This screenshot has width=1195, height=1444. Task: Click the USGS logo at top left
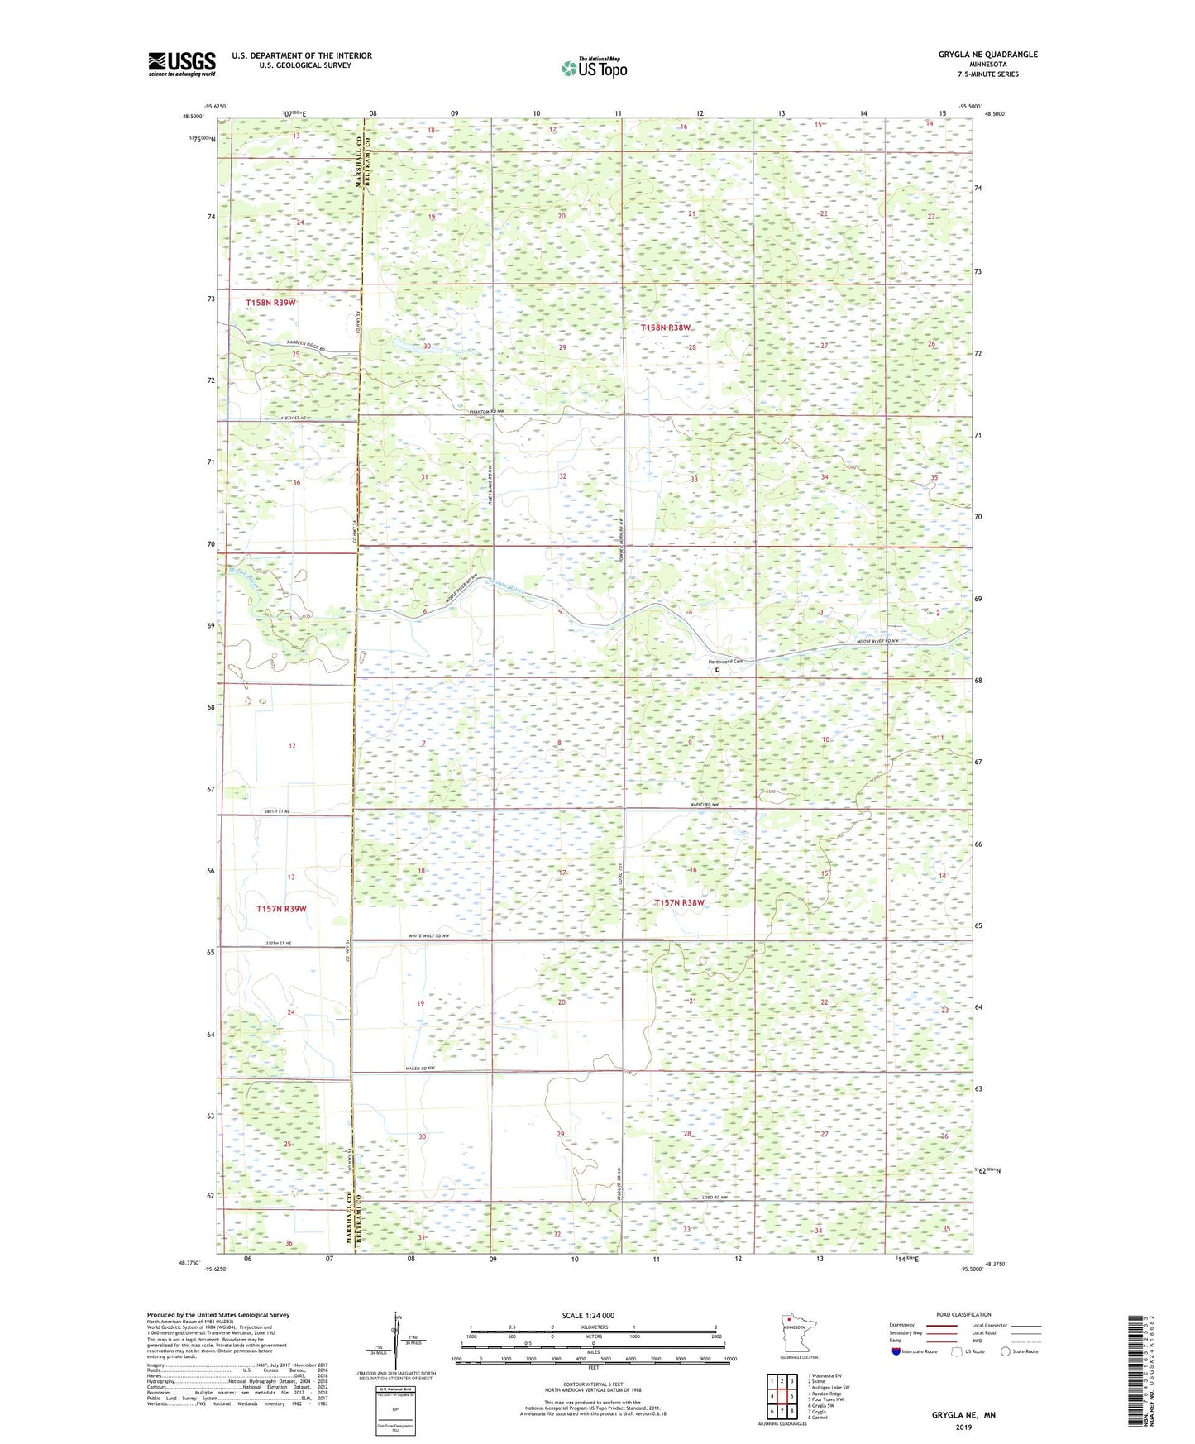point(182,64)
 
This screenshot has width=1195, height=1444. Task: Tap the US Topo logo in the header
point(594,68)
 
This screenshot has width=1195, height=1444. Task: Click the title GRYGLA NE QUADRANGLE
point(987,55)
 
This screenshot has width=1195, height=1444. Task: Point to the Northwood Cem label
point(725,661)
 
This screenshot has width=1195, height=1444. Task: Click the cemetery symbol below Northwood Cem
point(717,671)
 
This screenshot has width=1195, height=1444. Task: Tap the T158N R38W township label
point(665,328)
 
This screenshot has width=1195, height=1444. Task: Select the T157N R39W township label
point(281,909)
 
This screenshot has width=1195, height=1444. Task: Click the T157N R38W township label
point(679,903)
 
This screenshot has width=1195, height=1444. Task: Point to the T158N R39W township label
point(270,304)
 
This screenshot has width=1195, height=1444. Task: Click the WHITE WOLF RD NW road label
point(428,936)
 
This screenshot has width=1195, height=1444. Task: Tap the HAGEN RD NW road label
point(420,1069)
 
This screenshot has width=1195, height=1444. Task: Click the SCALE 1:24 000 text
point(588,1316)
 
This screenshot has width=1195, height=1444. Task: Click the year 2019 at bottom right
point(963,1427)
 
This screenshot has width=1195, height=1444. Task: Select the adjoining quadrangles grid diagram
point(781,1399)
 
